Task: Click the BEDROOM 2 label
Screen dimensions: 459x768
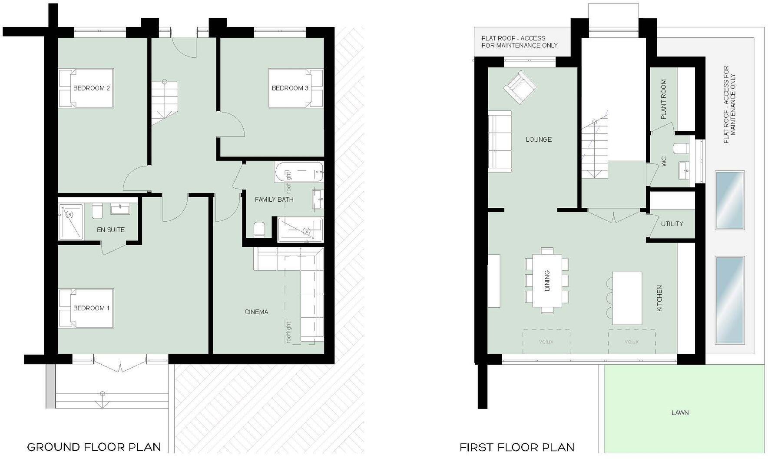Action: (91, 88)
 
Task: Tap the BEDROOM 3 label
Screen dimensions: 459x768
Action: (290, 88)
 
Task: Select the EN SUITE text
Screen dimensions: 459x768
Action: (110, 229)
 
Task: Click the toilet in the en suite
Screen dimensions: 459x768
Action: (97, 211)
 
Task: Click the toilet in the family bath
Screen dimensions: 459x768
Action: (259, 229)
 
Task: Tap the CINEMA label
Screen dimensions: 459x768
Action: (256, 312)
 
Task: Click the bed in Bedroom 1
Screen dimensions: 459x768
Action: (86, 308)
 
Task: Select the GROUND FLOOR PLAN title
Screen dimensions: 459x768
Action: (94, 447)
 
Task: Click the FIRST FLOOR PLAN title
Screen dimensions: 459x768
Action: (517, 447)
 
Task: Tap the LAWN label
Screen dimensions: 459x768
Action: (680, 412)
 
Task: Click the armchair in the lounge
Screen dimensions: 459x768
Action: (520, 88)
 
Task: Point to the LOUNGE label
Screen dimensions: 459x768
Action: (539, 140)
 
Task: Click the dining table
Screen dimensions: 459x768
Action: (547, 280)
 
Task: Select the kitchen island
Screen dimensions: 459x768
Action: (627, 298)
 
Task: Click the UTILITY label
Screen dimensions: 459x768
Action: (672, 224)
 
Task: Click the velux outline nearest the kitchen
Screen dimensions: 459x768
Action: (631, 342)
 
